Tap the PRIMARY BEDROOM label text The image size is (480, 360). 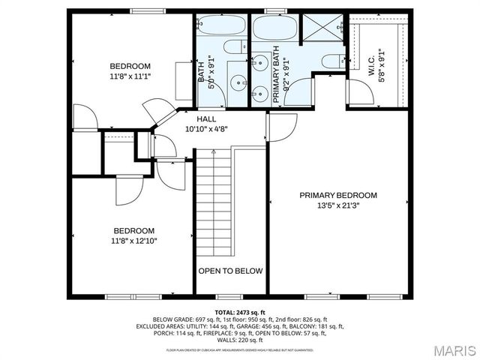(x=338, y=195)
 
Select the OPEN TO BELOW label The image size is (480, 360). (x=230, y=271)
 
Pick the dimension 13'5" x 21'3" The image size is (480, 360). (x=338, y=205)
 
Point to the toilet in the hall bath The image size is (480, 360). (x=233, y=47)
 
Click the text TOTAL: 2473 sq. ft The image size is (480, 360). (x=240, y=311)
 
